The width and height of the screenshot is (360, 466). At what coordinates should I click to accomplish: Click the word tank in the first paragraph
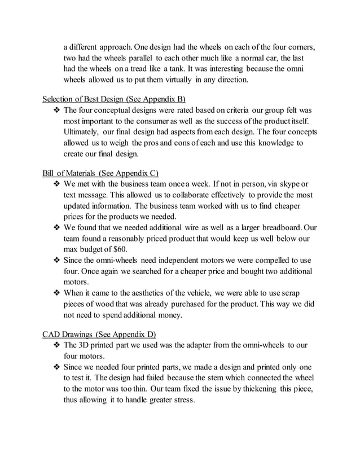pyautogui.click(x=175, y=69)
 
